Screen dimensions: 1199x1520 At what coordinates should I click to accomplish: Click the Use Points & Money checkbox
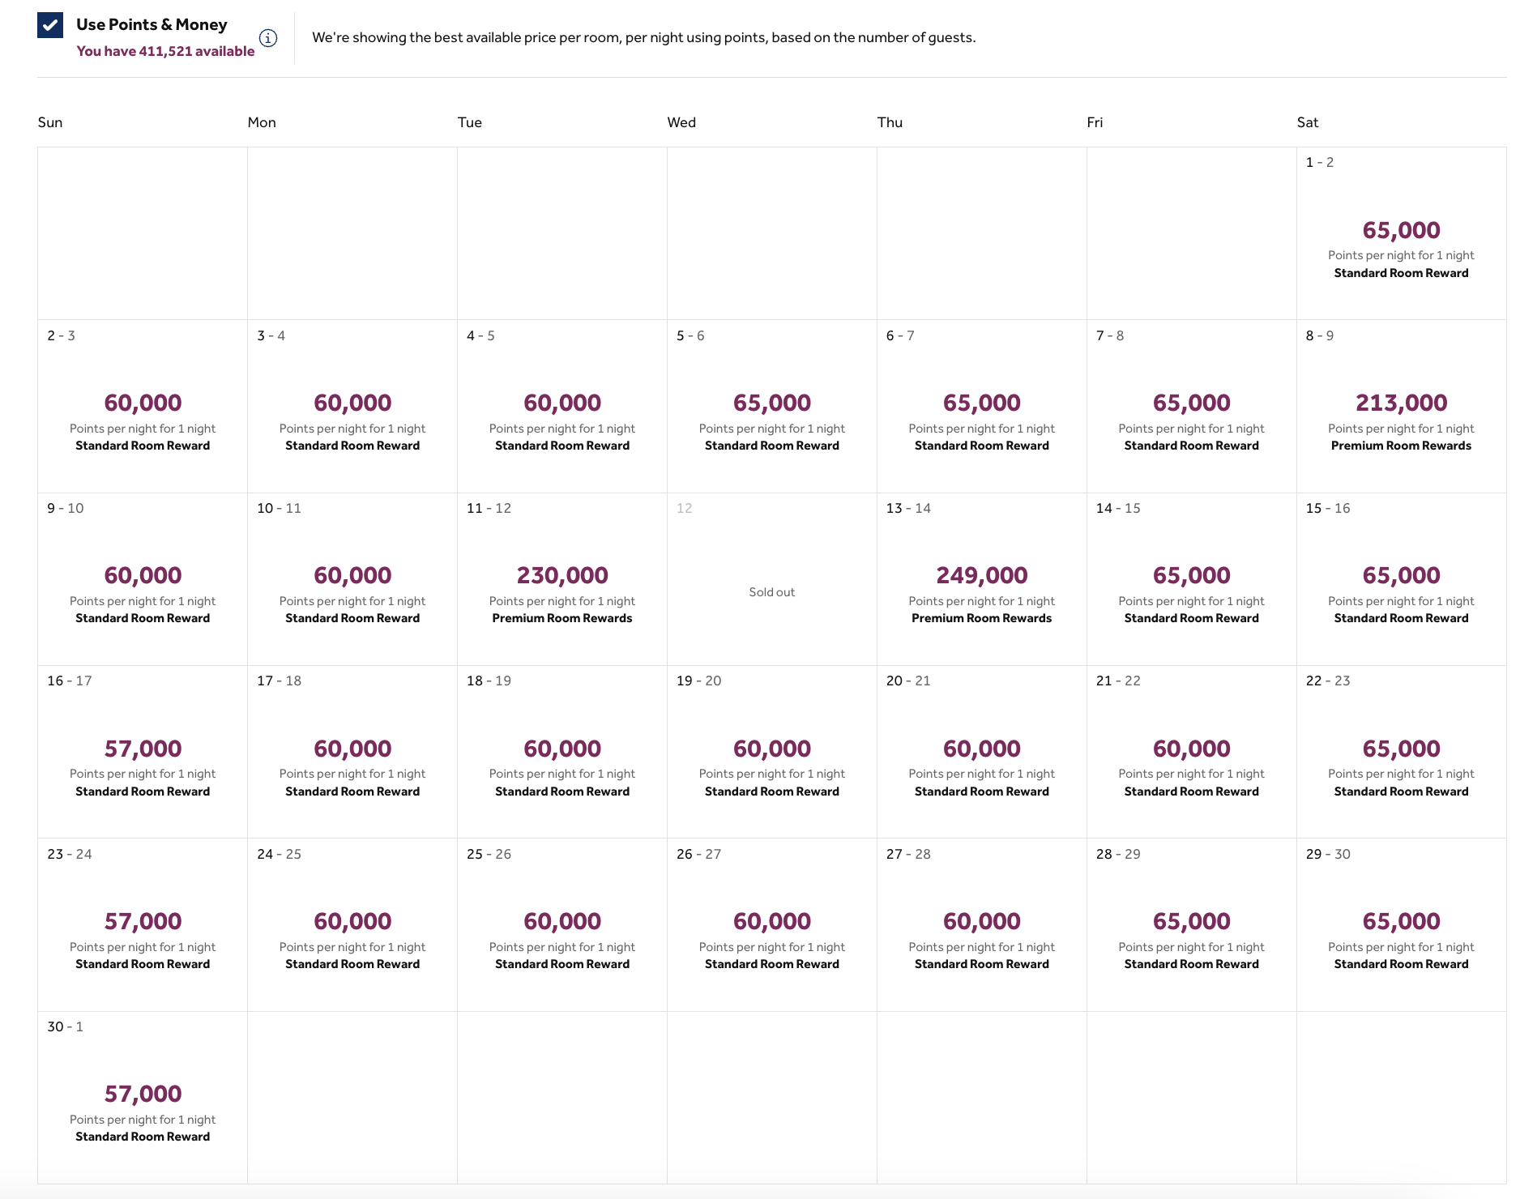(50, 25)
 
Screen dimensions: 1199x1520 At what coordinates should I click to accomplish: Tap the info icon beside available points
(268, 38)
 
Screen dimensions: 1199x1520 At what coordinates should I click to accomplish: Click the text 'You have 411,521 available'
(165, 51)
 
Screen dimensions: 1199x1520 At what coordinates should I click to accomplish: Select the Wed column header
(681, 122)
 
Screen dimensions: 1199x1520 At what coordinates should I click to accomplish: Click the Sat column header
(1307, 122)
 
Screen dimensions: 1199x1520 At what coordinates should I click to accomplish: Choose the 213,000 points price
(1401, 403)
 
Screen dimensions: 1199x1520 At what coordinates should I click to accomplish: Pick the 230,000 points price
(562, 575)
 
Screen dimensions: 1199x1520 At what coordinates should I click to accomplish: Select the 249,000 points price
(981, 575)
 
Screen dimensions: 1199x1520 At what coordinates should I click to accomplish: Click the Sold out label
(771, 592)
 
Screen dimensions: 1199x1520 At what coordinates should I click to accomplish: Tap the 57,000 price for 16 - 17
(143, 749)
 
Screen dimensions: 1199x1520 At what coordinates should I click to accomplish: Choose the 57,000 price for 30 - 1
(143, 1094)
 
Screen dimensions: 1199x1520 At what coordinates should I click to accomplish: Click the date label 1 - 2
(1319, 162)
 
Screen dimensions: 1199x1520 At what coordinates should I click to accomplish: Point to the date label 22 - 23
(1327, 681)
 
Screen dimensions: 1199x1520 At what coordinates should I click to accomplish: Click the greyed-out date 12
(684, 508)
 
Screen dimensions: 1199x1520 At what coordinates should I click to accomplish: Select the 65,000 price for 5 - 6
(771, 403)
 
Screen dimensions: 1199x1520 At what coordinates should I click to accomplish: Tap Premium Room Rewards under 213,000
(1401, 446)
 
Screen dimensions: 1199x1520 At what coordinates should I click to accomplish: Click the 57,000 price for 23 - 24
(143, 921)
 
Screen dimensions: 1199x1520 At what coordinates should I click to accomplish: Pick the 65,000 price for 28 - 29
(1191, 921)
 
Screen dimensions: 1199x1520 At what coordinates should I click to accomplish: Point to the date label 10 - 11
(279, 508)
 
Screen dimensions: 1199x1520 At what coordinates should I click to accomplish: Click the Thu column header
(890, 122)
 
